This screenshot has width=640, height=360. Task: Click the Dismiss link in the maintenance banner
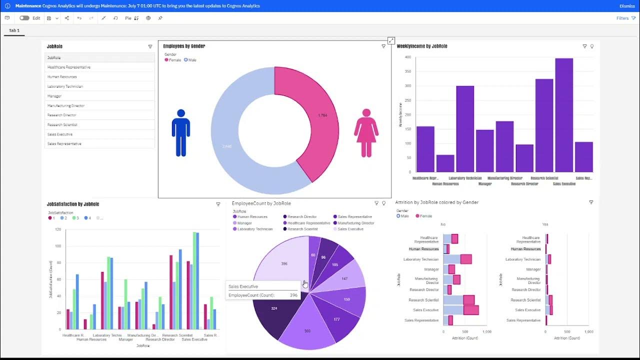(x=627, y=6)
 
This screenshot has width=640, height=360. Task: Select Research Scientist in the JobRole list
(x=62, y=124)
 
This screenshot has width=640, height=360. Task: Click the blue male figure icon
(x=180, y=132)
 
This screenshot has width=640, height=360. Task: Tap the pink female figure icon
(x=366, y=132)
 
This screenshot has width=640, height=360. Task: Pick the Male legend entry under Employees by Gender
(x=190, y=60)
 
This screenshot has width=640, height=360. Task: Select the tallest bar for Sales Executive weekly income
(x=564, y=115)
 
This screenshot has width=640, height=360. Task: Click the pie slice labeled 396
(x=280, y=262)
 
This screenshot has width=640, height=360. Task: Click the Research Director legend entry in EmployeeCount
(x=302, y=217)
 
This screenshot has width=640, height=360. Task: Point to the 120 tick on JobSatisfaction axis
(x=58, y=229)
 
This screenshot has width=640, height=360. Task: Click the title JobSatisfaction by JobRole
(x=73, y=204)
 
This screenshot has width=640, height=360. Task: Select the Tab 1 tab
(x=14, y=30)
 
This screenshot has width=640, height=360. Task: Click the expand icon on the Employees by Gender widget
(x=391, y=40)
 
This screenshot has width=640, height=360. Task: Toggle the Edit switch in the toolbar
(x=24, y=18)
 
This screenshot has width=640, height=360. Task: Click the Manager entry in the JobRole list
(x=54, y=96)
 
